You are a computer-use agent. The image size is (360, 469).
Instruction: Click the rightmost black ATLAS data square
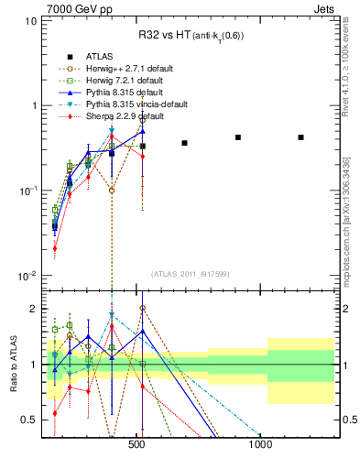click(x=300, y=137)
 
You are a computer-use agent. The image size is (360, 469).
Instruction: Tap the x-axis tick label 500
click(x=136, y=444)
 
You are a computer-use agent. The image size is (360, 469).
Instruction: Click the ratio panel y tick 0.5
click(x=28, y=420)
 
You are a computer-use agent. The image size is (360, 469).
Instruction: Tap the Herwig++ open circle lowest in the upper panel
click(x=112, y=191)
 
